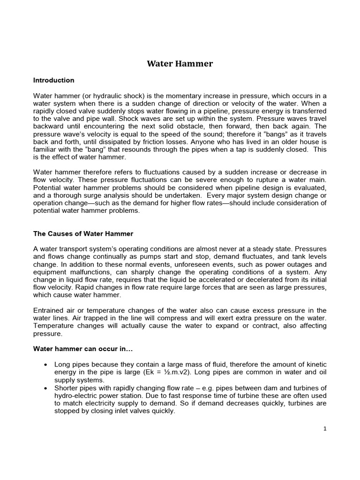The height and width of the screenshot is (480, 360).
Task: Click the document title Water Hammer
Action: click(180, 63)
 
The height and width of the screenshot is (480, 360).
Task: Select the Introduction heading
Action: click(53, 80)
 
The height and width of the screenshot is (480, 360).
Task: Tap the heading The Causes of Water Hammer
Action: click(83, 233)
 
